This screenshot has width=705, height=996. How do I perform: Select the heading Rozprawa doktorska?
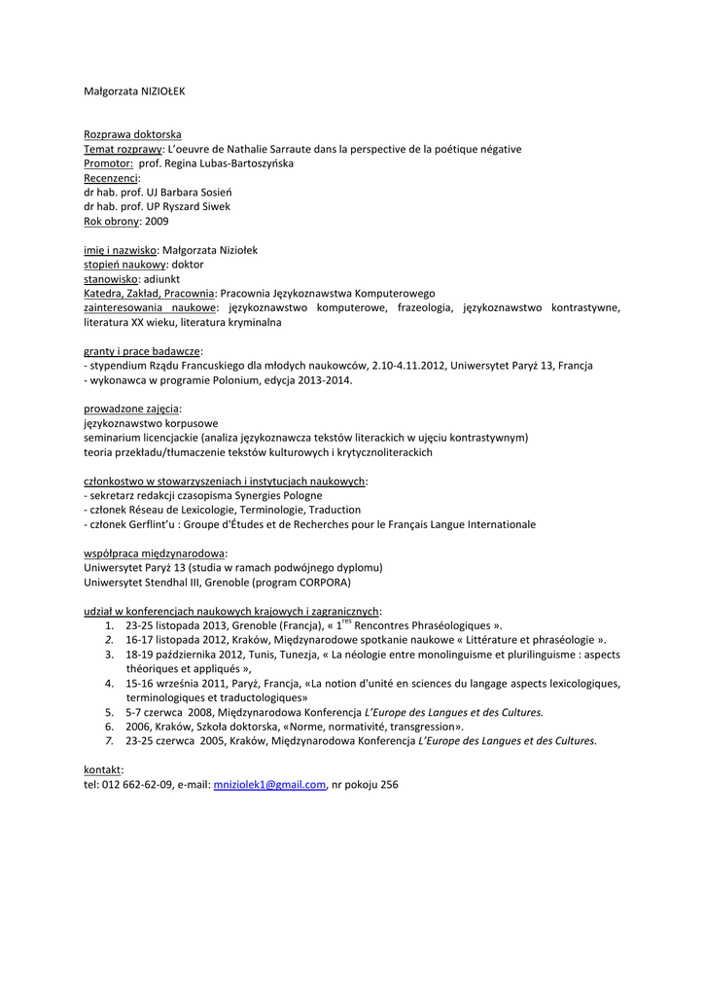(132, 134)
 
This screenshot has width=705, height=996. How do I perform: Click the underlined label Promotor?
(107, 163)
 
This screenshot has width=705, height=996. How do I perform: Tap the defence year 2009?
(157, 221)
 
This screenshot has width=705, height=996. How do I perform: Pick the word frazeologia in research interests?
(424, 307)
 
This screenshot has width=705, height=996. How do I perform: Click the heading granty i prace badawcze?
(143, 350)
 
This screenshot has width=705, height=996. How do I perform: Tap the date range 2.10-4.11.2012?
(406, 365)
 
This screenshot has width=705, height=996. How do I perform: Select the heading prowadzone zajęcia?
(132, 409)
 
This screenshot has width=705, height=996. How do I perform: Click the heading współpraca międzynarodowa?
(149, 553)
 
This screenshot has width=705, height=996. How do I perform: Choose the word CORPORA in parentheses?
(326, 582)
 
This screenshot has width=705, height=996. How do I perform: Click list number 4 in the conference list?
(109, 683)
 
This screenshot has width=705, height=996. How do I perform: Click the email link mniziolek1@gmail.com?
(269, 784)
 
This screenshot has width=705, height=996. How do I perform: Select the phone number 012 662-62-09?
(137, 784)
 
